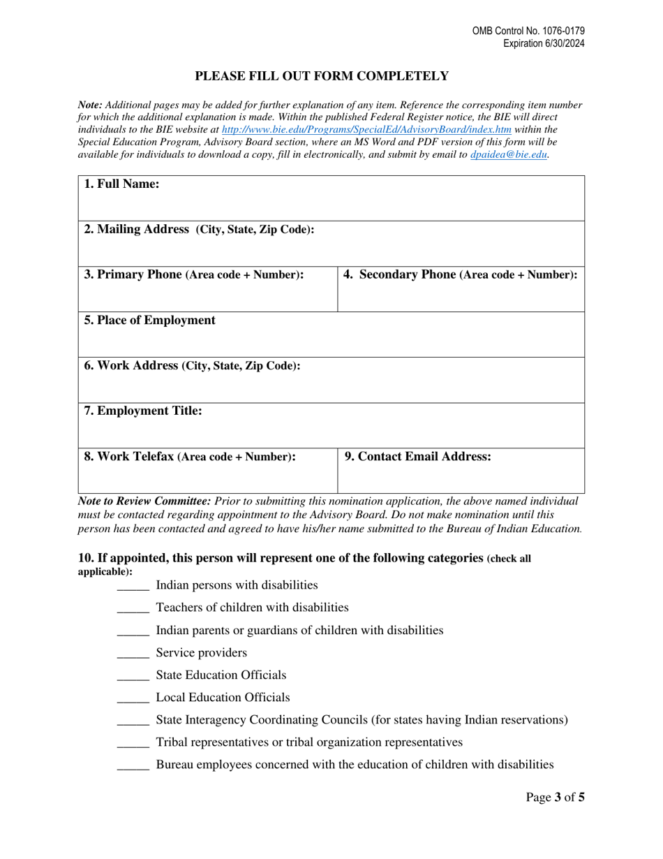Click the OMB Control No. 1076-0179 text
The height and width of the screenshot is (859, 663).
pos(528,31)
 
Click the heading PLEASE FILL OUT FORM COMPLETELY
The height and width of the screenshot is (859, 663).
pos(321,76)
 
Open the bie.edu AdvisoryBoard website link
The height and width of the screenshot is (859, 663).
pos(366,130)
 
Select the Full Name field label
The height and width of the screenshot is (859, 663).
pos(122,184)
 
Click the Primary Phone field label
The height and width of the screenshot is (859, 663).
pos(194,275)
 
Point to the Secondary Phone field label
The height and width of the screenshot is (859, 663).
pos(461,275)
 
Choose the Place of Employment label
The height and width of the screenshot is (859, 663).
pos(150,321)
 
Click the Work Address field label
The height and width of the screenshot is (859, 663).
pos(193,366)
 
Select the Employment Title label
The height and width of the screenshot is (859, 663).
pos(143,411)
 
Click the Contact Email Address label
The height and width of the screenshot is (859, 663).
pos(418,457)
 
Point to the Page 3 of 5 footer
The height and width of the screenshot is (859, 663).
pos(555,797)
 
